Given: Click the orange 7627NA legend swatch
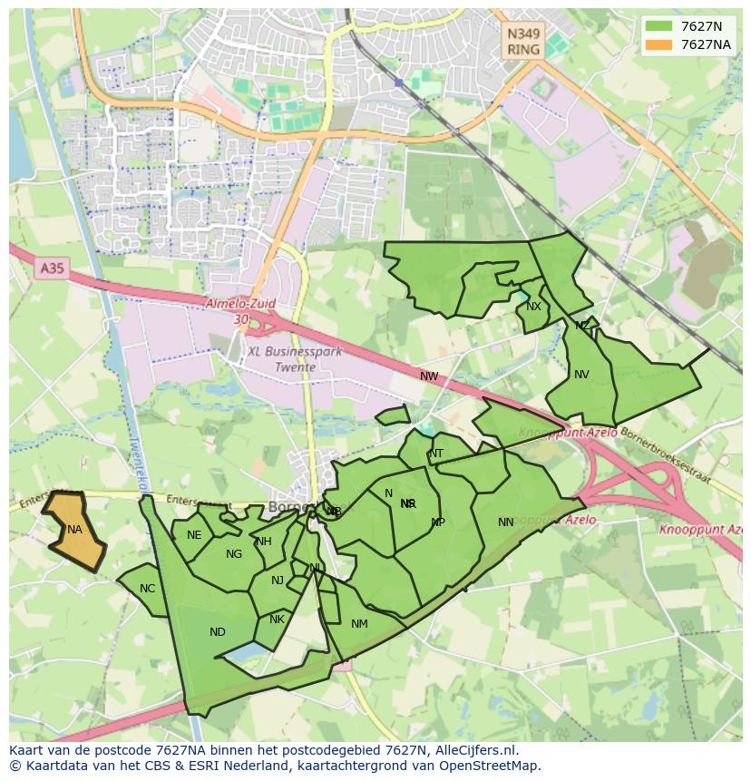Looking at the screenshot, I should coord(659,44).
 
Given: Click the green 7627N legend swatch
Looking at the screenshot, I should coord(659,25).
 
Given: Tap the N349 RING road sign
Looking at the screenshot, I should coord(523,42).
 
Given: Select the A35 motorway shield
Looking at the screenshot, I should coord(53,268).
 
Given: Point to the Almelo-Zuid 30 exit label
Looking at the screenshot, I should coord(240,312).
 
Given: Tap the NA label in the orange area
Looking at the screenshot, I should coord(74,530).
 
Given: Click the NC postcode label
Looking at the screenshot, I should coord(148,589).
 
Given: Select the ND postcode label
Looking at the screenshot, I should coord(218,632).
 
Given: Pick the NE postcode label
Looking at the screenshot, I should coord(194,535).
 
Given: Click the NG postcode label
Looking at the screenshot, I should coord(234,554).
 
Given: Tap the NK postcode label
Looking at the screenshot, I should coord(278,620).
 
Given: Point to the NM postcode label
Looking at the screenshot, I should coord(359,623).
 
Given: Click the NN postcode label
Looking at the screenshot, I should coord(506,522).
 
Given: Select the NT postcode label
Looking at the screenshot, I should coord(436,454).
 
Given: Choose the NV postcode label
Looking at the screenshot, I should coord(581,375).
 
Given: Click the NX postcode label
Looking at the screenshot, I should coord(533,307).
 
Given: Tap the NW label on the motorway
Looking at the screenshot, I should coord(429,376).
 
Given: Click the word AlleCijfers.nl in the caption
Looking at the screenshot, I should coord(476,750).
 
